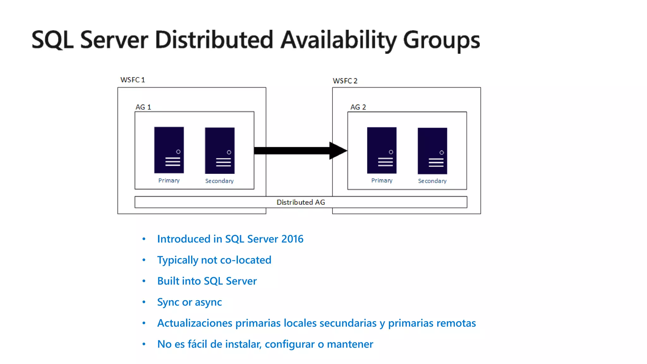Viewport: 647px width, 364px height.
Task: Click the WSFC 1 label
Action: (132, 80)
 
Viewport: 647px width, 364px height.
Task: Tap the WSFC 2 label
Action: (345, 81)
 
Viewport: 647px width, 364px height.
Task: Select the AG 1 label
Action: (143, 107)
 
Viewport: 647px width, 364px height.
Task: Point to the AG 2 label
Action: (358, 107)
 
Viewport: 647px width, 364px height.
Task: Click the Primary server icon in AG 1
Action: (169, 150)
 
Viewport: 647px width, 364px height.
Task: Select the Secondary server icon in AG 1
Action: (220, 151)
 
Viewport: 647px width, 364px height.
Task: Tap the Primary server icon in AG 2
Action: (382, 150)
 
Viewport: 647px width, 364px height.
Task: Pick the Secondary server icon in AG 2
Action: (432, 151)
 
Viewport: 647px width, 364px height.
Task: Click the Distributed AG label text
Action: (301, 202)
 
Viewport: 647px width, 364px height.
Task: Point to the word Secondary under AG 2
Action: (432, 181)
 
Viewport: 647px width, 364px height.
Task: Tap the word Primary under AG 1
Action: (169, 180)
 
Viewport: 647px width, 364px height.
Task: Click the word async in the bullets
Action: (208, 302)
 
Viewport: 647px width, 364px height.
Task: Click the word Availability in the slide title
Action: (338, 40)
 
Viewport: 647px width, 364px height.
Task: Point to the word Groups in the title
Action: (441, 40)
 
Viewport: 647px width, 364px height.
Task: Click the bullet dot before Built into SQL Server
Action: (144, 281)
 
